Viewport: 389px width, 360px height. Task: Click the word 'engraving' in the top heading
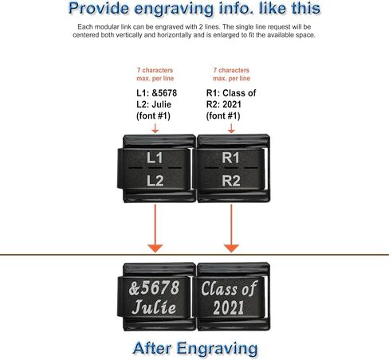[174, 9]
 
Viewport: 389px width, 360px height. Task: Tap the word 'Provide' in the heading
[99, 8]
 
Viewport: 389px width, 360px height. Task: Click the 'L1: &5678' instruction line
[157, 93]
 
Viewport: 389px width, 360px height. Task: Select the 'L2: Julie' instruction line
[154, 104]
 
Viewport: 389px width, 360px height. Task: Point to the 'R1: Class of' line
[231, 93]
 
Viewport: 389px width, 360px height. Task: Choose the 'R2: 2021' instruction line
[224, 104]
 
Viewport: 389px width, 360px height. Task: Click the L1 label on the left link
[155, 158]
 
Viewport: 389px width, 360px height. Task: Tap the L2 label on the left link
[155, 181]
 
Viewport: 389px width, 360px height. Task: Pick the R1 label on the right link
[230, 158]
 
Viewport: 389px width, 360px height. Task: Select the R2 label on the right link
[231, 181]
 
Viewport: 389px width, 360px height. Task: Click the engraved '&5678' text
[154, 288]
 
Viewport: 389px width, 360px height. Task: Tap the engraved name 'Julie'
[154, 307]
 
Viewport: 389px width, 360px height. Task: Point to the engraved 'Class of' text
[229, 288]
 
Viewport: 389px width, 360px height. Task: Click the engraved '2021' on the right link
[229, 307]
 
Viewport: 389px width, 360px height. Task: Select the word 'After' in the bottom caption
[151, 348]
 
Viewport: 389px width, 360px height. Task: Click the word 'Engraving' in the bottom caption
[217, 349]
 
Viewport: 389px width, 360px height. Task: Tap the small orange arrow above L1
[155, 128]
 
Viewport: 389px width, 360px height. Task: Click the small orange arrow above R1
[231, 128]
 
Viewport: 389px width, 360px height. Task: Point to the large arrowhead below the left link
[155, 248]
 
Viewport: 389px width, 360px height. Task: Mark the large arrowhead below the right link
[231, 248]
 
